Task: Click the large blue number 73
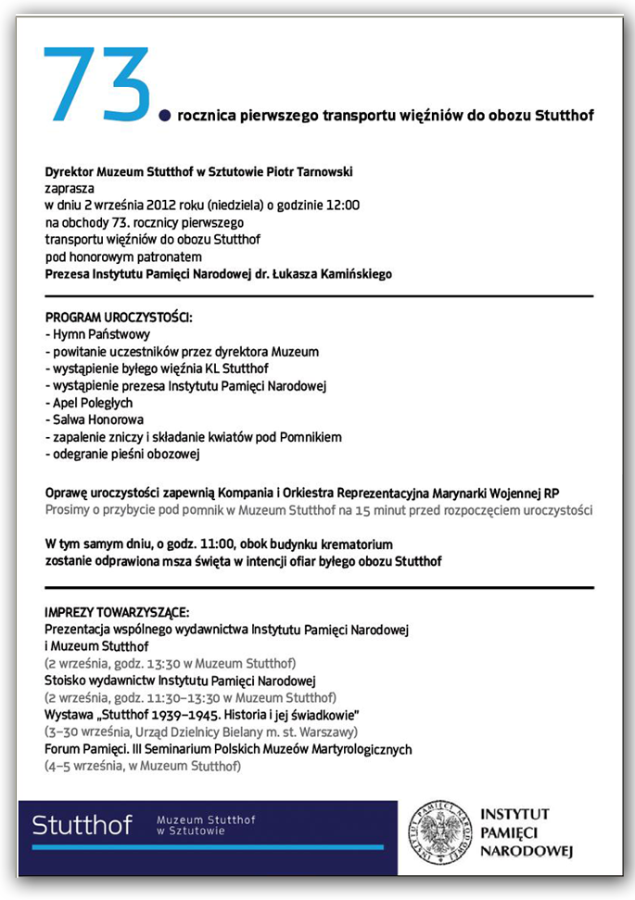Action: click(x=96, y=84)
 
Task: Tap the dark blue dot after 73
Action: click(x=166, y=116)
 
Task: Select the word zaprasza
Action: click(x=69, y=188)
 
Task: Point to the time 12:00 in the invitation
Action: click(x=344, y=206)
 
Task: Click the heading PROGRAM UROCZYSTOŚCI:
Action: click(x=119, y=318)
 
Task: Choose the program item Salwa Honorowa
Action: click(x=95, y=419)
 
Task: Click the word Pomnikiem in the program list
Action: click(x=311, y=437)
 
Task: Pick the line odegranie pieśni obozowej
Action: click(x=122, y=454)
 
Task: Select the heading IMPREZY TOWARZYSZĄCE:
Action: click(x=117, y=613)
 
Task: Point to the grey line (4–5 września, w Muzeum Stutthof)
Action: click(x=142, y=767)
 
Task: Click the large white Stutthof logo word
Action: click(x=82, y=825)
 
